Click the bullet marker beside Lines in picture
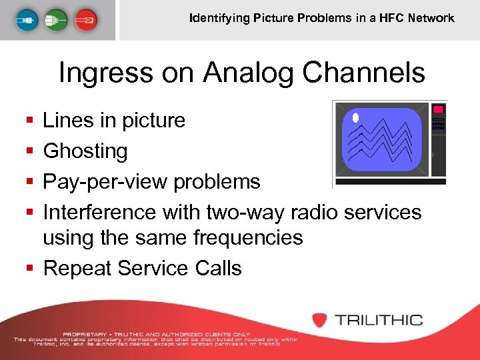pos(29,121)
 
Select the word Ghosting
pos(85,151)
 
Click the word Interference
pos(99,212)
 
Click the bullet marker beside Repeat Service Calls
pos(29,269)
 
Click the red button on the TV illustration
pos(438,109)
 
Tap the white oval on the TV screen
pos(355,118)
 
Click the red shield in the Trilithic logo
pos(320,319)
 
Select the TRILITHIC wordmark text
pos(378,319)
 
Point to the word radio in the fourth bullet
pos(303,212)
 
